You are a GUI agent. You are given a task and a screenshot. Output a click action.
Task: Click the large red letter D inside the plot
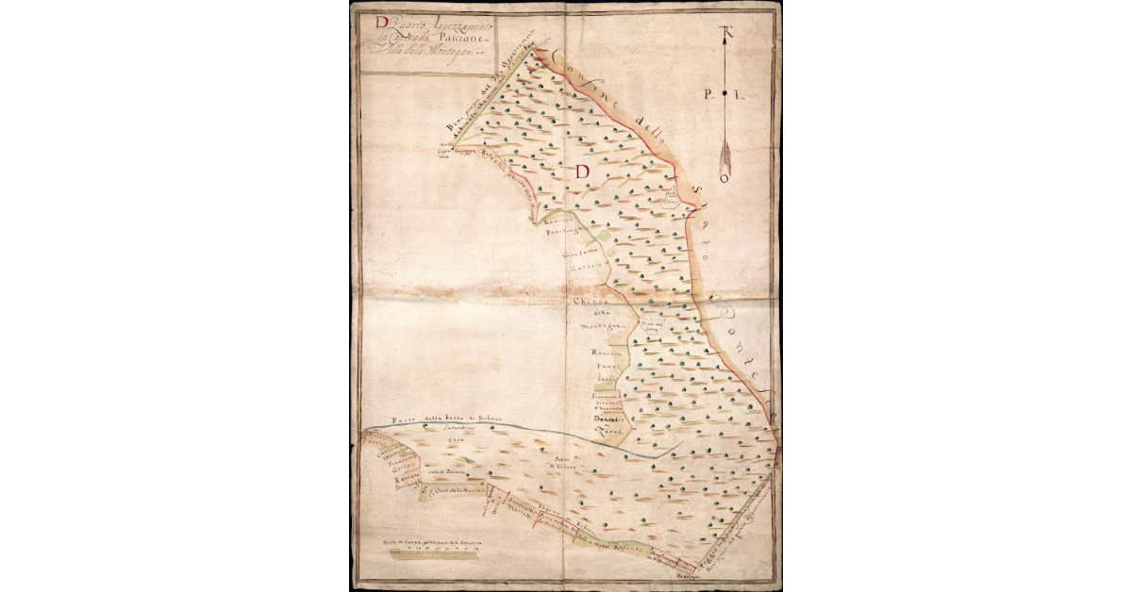(x=582, y=172)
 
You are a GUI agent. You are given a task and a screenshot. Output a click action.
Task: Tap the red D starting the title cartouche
(x=380, y=23)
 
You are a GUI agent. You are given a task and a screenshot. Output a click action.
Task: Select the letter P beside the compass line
(x=708, y=94)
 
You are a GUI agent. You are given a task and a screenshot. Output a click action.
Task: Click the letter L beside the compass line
(x=742, y=94)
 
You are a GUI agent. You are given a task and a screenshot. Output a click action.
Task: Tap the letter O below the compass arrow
(x=724, y=176)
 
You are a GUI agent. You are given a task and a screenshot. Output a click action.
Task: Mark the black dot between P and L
(x=724, y=94)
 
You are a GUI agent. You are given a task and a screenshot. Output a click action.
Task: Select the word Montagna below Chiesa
(x=596, y=325)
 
